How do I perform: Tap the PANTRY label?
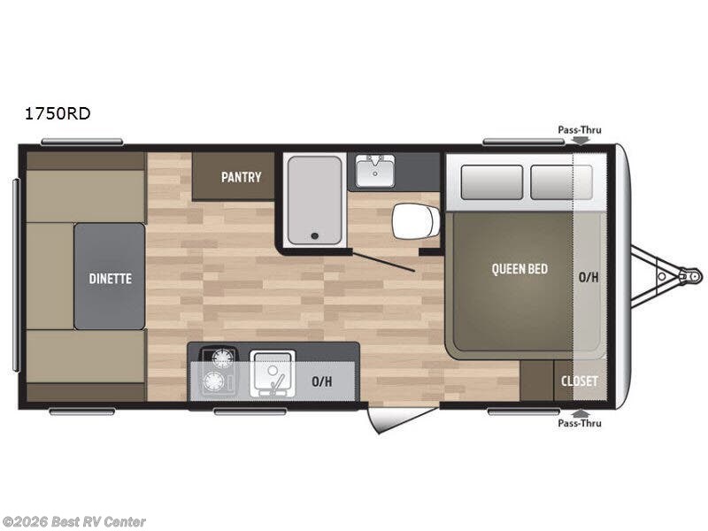pyautogui.click(x=241, y=177)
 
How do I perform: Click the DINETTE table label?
pyautogui.click(x=110, y=278)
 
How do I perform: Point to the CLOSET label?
pyautogui.click(x=580, y=381)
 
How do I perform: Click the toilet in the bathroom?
pyautogui.click(x=415, y=221)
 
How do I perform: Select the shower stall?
pyautogui.click(x=314, y=199)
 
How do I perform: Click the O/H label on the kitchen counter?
pyautogui.click(x=322, y=381)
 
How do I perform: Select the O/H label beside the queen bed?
pyautogui.click(x=589, y=277)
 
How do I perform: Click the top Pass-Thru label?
pyautogui.click(x=579, y=129)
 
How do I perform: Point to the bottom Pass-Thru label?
pyautogui.click(x=579, y=423)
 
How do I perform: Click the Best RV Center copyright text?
pyautogui.click(x=74, y=522)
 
